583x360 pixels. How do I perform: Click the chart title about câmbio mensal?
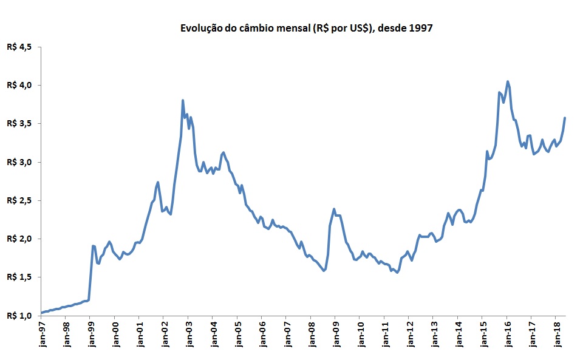(x=306, y=28)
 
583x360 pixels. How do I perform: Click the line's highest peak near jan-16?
(x=508, y=81)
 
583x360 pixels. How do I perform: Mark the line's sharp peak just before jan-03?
(x=183, y=100)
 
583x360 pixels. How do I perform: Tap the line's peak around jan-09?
(x=334, y=209)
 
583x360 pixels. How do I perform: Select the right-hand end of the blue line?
(x=565, y=118)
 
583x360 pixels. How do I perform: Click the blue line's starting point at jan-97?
(x=41, y=313)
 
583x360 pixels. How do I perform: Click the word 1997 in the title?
(x=420, y=28)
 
